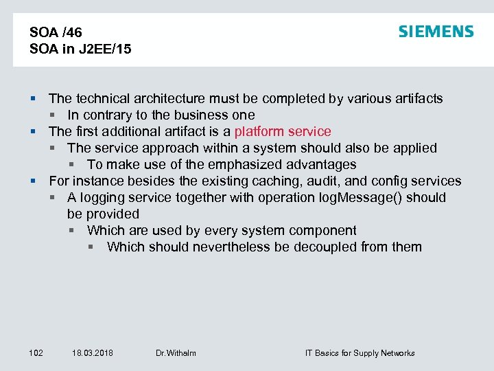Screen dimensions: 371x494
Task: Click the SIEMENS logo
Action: click(436, 32)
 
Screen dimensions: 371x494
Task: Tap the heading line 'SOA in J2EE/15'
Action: click(80, 49)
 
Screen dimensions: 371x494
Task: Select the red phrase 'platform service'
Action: click(283, 131)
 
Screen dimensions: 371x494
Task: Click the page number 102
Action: click(36, 353)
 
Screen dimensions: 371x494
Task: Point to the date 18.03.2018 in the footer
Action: click(93, 353)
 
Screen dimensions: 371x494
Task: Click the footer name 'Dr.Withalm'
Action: click(176, 353)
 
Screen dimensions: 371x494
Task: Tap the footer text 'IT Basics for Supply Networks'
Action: click(360, 353)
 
